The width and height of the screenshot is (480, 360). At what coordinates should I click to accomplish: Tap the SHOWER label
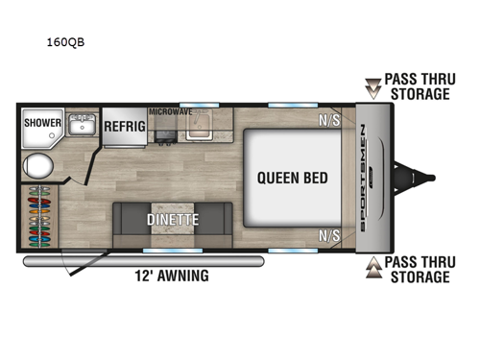click(x=42, y=124)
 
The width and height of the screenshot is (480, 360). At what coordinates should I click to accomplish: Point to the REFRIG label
click(x=124, y=126)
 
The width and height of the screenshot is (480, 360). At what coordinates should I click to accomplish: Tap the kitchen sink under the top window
click(x=202, y=130)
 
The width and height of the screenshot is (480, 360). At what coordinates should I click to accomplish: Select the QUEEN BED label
click(x=292, y=178)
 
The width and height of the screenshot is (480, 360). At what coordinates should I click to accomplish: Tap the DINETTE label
click(x=173, y=219)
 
